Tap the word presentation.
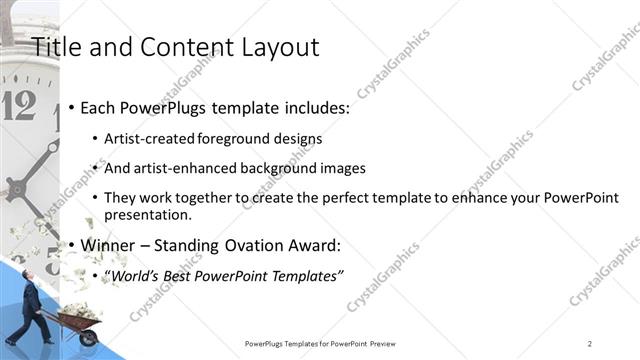coord(148,214)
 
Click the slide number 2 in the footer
coord(590,343)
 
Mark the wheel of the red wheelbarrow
coord(88,338)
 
